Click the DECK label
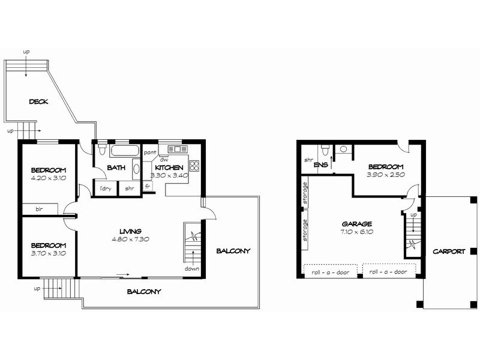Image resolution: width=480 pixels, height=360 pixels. tap(38, 101)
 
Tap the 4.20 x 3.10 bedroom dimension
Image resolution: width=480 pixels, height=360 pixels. tap(49, 178)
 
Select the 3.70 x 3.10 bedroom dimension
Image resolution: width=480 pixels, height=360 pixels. tap(49, 253)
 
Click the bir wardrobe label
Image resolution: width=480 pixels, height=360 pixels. tap(39, 209)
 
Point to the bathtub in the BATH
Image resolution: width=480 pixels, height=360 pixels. tap(125, 151)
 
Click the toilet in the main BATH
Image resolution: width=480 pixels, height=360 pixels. tap(102, 149)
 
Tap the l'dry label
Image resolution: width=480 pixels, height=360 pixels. tap(106, 188)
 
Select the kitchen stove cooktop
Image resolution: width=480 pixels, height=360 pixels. tap(194, 166)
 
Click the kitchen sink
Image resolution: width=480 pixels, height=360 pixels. tap(178, 149)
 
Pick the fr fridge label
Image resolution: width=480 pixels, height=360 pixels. tap(148, 186)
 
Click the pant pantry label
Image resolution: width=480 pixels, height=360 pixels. tap(150, 152)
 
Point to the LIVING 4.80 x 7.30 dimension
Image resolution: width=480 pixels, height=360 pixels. tap(131, 239)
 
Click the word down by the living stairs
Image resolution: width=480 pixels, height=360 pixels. tap(192, 269)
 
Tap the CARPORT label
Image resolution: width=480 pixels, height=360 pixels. tap(449, 251)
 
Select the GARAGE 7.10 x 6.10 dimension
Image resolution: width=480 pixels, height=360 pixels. tap(357, 232)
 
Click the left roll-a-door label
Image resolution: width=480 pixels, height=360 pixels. tap(331, 272)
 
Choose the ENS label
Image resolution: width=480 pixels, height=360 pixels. tap(321, 164)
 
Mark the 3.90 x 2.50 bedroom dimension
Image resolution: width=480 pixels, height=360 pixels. tap(386, 175)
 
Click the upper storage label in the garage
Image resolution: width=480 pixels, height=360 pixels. tap(305, 193)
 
